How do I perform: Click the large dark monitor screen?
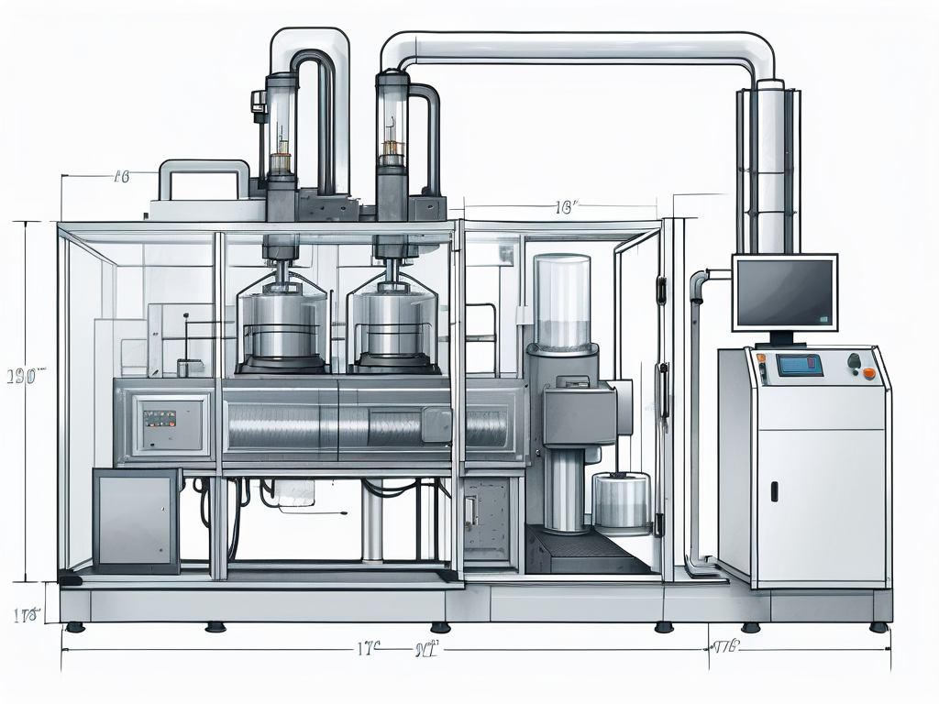(784, 291)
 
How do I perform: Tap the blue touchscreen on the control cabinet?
(799, 365)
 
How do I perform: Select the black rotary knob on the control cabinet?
(855, 361)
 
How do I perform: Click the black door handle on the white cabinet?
(773, 490)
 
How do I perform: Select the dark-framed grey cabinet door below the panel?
(136, 520)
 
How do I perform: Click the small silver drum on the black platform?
(622, 502)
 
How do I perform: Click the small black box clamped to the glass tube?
(258, 102)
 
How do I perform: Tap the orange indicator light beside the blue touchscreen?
(869, 373)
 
